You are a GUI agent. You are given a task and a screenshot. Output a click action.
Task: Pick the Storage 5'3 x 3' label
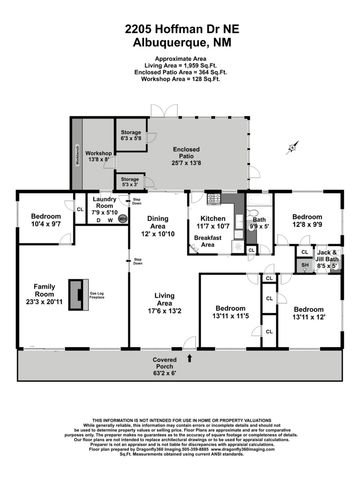tap(131, 182)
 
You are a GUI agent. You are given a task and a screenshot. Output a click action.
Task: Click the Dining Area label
tap(162, 227)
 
